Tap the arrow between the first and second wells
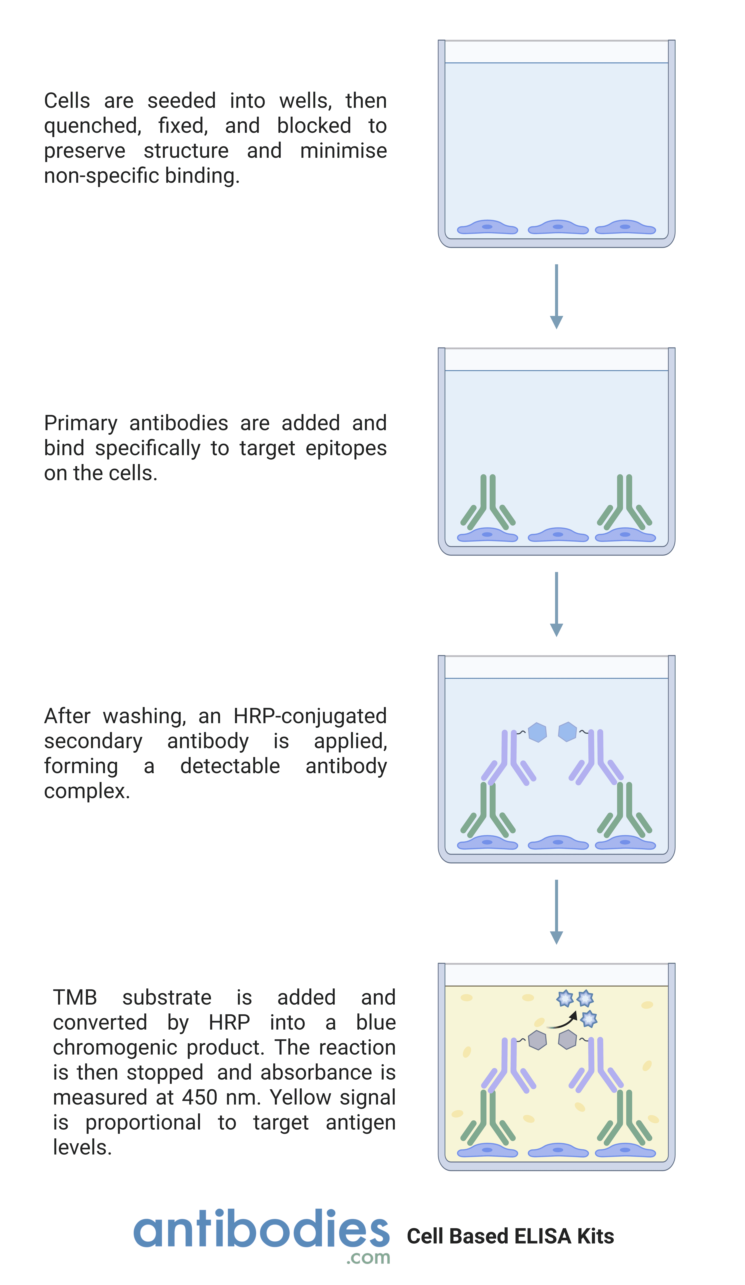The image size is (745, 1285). tap(556, 296)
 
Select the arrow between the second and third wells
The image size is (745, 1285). tap(556, 604)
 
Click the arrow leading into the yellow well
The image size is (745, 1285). tap(556, 912)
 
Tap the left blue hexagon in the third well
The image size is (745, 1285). tap(538, 732)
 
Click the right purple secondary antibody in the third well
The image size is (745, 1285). tap(596, 758)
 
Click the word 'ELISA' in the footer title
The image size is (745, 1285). tap(543, 1237)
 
